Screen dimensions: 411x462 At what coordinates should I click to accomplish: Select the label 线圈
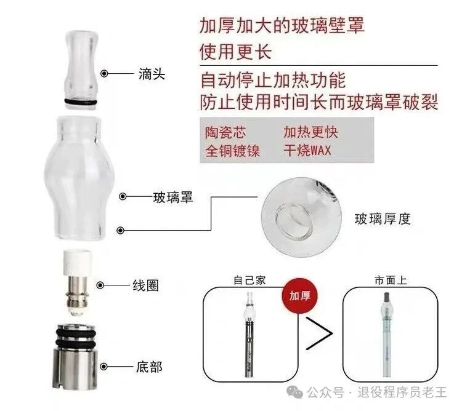click(x=146, y=285)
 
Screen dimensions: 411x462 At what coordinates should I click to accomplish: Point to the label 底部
click(x=148, y=367)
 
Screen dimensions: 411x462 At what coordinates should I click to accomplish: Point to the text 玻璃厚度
click(x=382, y=218)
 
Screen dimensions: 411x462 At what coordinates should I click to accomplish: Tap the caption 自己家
click(x=249, y=280)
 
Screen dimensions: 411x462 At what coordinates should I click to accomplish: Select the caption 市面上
click(x=389, y=280)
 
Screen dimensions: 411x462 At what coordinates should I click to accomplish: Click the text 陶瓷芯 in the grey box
click(x=224, y=132)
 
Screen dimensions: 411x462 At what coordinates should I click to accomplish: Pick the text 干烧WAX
click(x=308, y=150)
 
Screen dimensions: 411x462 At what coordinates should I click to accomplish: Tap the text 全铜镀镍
click(x=232, y=150)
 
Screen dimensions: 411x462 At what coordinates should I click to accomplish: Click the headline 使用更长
click(x=236, y=51)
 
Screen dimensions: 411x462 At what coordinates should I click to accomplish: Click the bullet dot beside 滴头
click(x=105, y=74)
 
